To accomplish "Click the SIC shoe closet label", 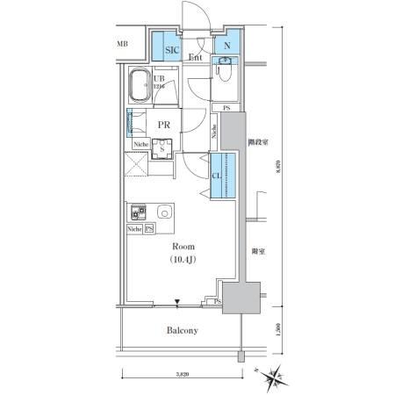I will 173,51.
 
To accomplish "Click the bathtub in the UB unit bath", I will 141,89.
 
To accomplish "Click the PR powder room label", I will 163,125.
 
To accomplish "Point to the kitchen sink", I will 163,212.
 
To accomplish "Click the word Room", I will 183,247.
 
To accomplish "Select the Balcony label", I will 183,331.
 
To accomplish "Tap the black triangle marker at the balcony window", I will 178,305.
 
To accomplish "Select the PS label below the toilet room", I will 226,108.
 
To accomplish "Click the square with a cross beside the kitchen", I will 135,165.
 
